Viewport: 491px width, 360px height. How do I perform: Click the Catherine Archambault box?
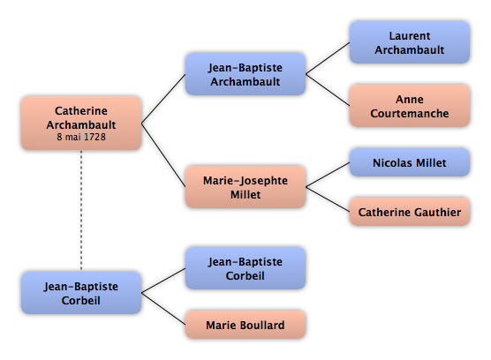click(81, 124)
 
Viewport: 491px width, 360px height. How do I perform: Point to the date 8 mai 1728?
click(81, 137)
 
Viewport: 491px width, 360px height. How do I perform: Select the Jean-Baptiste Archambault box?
click(245, 74)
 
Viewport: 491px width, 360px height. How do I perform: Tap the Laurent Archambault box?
click(410, 42)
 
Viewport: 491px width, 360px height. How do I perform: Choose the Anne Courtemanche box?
click(410, 106)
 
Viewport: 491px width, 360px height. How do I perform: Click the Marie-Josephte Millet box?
click(245, 187)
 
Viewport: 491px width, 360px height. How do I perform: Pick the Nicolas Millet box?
click(410, 162)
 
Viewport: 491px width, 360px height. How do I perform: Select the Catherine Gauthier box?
click(410, 212)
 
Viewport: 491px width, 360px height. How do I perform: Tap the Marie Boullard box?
click(245, 325)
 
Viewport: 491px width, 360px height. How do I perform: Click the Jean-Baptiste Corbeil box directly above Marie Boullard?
click(245, 268)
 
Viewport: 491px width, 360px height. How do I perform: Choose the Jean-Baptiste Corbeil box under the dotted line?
click(81, 293)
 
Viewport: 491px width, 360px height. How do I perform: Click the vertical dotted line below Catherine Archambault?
click(81, 211)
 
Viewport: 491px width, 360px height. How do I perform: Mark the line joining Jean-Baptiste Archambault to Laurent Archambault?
click(328, 58)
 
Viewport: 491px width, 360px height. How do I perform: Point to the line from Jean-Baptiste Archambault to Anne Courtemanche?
click(328, 90)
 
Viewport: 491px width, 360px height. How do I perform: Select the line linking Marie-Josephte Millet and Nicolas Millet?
click(328, 175)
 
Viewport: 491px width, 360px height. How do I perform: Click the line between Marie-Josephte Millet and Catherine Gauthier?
click(328, 199)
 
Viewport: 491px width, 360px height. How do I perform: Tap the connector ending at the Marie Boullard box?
click(163, 309)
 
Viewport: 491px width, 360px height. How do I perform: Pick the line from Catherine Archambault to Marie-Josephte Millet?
click(163, 155)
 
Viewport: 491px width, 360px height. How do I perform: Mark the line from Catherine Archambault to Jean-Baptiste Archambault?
click(163, 99)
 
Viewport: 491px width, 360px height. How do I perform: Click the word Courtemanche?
click(410, 113)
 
